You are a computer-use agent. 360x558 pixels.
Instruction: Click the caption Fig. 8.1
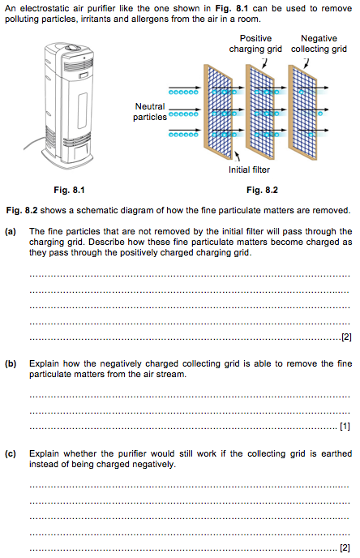(70, 190)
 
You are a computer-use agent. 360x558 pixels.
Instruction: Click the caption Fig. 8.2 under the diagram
(262, 190)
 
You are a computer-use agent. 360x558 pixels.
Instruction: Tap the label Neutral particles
(150, 112)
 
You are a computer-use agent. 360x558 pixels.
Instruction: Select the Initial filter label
(249, 170)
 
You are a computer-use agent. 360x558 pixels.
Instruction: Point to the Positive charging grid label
(255, 44)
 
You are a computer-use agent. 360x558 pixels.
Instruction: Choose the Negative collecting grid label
(319, 44)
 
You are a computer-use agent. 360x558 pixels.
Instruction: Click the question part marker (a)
(11, 232)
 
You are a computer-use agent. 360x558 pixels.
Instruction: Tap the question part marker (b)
(11, 363)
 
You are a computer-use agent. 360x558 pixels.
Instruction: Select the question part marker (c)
(11, 453)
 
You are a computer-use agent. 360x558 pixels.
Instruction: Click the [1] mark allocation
(345, 426)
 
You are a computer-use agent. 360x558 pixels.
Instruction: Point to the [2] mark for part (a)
(346, 337)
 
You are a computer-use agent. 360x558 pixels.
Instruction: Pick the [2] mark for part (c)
(345, 547)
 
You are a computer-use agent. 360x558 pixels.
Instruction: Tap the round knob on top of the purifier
(75, 46)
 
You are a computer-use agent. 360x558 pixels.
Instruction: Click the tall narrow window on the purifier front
(83, 110)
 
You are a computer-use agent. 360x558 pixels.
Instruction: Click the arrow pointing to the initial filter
(237, 156)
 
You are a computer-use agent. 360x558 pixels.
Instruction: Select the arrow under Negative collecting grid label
(306, 63)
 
